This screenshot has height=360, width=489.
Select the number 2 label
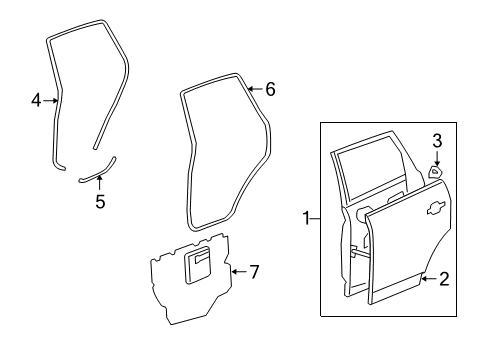coord(445,280)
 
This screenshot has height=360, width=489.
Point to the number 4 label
coord(36,100)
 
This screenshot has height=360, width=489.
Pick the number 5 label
coord(99,202)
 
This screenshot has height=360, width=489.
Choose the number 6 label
coord(270,89)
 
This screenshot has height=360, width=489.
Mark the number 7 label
coord(254,272)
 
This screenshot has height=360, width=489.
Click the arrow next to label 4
coord(51,100)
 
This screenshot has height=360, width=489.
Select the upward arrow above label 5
coord(99,184)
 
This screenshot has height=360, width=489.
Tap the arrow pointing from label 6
coord(254,89)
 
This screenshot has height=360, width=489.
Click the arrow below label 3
coord(436,157)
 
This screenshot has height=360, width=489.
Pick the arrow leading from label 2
coord(428,280)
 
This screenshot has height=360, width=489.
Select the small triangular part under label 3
coord(436,172)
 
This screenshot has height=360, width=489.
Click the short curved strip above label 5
coord(98,170)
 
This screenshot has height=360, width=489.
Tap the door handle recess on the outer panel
coord(436,210)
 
